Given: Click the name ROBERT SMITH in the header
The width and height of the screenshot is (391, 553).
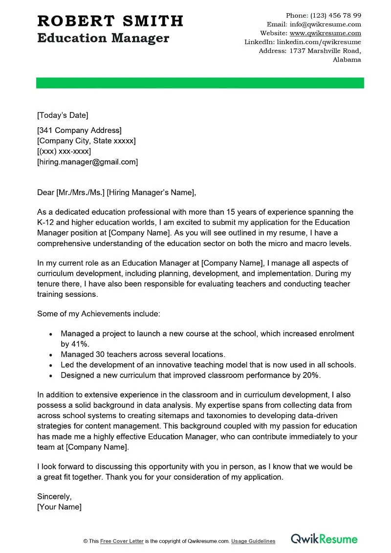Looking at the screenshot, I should click(x=110, y=21).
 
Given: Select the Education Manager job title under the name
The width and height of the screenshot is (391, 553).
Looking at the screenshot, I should click(x=103, y=38).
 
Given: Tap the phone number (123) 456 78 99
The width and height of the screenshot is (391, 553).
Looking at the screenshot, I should click(x=336, y=16).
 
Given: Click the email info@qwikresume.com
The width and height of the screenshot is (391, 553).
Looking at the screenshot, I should click(x=325, y=24).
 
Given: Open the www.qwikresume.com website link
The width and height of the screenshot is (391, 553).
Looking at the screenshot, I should click(x=325, y=33).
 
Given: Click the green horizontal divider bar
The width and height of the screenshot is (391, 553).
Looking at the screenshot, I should click(x=200, y=83).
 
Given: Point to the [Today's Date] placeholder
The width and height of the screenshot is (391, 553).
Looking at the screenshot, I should click(x=63, y=115).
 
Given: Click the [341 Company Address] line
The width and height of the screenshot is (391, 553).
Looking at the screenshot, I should click(x=79, y=130).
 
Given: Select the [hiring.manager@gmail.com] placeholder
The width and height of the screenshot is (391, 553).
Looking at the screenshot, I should click(x=87, y=162).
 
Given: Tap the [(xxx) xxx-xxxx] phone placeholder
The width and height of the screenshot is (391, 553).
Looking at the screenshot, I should click(x=64, y=151).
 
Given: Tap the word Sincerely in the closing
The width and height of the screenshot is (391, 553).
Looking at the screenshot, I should click(x=54, y=496).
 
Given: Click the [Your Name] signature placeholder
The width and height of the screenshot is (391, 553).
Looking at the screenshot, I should click(x=59, y=507).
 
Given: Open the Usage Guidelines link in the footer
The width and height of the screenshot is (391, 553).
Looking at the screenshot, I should click(x=253, y=541).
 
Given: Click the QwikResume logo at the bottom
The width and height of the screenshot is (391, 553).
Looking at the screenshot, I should click(x=324, y=539).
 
